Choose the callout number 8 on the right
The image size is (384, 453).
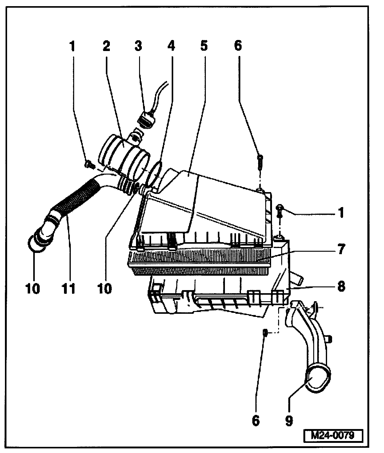[x=341, y=286]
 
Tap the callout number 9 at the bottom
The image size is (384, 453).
[x=289, y=421]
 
